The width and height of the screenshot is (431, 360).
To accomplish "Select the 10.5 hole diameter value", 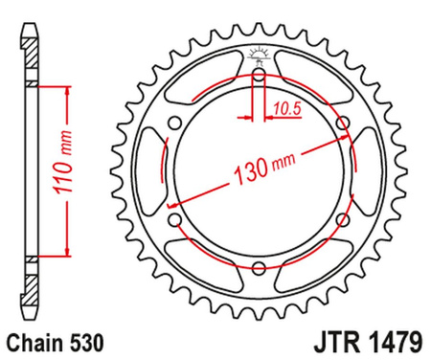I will coord(284,109).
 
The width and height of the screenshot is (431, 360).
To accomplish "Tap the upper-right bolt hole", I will coord(343,121).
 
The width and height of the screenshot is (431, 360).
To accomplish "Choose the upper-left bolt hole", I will coord(174,121).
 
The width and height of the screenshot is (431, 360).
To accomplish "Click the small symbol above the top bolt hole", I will coord(260,53).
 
